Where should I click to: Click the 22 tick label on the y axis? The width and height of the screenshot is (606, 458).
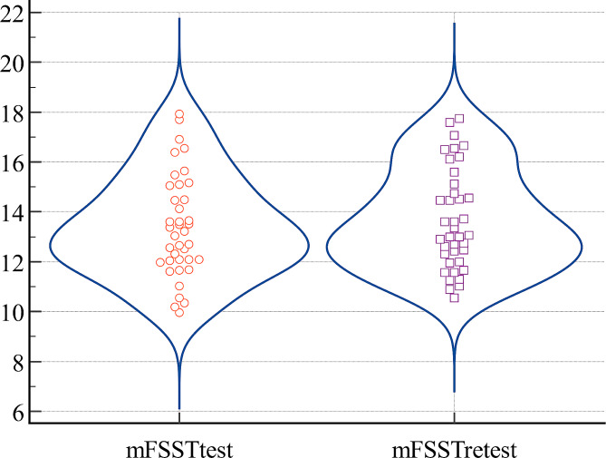click(14, 13)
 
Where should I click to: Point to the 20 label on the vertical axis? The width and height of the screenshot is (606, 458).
click(14, 63)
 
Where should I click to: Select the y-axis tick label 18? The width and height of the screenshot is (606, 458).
click(14, 112)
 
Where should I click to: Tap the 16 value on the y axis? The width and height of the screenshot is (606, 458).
click(14, 162)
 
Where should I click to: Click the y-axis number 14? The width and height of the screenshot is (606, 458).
click(14, 212)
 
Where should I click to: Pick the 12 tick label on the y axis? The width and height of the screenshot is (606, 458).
click(14, 262)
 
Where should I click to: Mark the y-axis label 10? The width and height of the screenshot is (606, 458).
click(14, 312)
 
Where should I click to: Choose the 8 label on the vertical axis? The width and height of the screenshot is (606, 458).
click(19, 362)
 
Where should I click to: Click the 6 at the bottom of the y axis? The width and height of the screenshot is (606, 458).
click(19, 412)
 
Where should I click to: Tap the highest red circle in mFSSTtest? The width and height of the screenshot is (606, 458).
click(179, 114)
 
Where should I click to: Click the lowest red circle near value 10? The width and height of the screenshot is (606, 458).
click(179, 312)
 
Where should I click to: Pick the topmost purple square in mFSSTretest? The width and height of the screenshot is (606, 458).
click(459, 118)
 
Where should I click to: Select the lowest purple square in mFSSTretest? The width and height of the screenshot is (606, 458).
click(454, 297)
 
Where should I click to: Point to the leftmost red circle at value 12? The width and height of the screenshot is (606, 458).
click(160, 262)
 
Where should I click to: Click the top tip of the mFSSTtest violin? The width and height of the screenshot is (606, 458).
click(178, 18)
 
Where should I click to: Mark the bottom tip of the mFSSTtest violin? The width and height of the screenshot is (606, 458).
click(178, 408)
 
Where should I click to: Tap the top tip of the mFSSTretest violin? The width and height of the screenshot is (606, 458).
click(454, 24)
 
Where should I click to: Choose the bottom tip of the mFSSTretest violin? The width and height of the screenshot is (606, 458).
click(454, 392)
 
